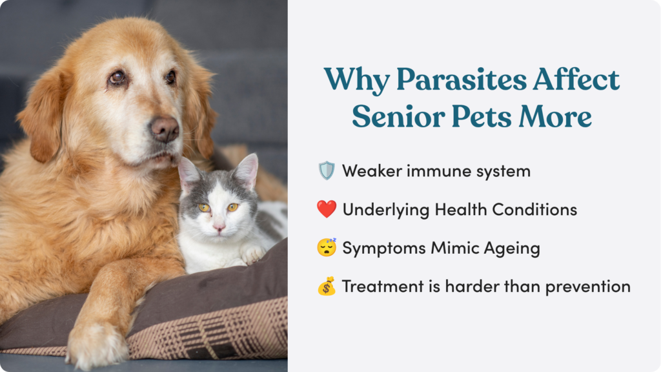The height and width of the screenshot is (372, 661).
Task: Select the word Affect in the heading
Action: click(576, 79)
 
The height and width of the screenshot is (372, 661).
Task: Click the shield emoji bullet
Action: click(326, 170)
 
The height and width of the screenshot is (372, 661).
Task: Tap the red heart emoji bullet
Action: click(327, 209)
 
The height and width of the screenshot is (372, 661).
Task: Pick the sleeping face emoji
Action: click(327, 247)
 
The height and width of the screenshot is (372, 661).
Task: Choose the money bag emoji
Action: click(327, 286)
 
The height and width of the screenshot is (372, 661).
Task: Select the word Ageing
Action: click(512, 249)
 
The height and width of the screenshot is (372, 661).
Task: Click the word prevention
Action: click(587, 287)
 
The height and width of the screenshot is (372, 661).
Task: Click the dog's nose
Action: click(165, 129)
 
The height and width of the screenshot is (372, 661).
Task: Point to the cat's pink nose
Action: click(219, 228)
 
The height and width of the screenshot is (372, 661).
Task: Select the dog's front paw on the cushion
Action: click(96, 342)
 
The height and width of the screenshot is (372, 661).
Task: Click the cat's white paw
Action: click(254, 254)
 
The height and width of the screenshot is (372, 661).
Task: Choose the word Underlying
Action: click(386, 210)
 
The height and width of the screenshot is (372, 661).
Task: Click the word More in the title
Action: click(555, 116)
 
